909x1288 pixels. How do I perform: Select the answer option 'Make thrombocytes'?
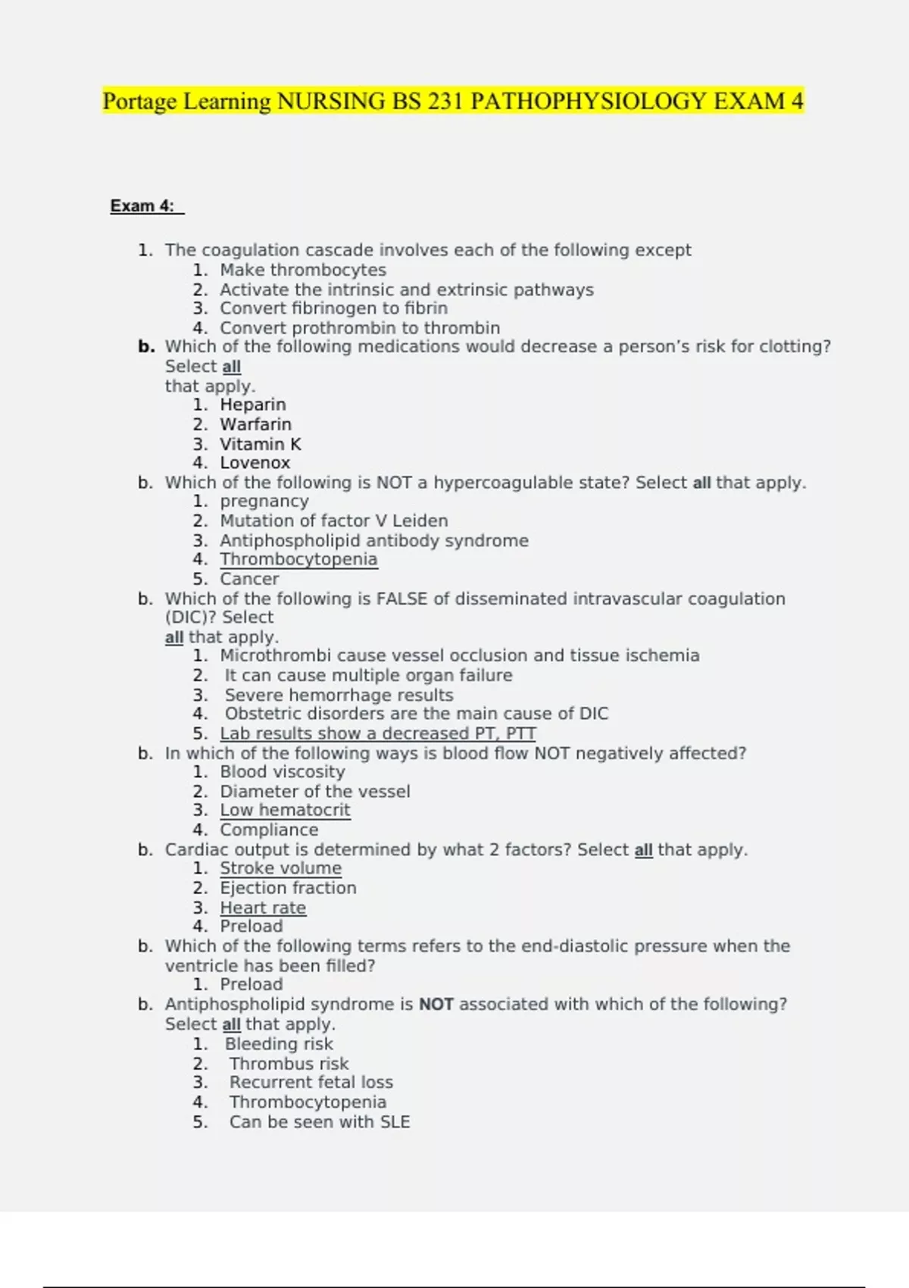coord(303,270)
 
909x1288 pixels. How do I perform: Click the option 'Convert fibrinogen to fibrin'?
coord(333,308)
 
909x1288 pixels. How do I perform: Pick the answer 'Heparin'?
coord(253,405)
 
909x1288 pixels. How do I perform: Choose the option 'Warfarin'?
coord(255,424)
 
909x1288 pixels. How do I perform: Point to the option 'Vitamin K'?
coord(261,444)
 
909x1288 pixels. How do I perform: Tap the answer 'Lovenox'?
coord(255,463)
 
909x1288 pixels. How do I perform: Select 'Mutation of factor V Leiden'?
coord(334,521)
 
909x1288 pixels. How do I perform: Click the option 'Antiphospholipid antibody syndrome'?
coord(374,541)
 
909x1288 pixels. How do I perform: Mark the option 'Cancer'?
coord(249,580)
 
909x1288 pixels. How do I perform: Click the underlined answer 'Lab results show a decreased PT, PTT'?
coord(378,733)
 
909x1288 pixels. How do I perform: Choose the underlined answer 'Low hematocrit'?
coord(285,810)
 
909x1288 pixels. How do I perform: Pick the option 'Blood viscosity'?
coord(283,772)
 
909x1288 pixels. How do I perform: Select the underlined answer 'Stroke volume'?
coord(280,868)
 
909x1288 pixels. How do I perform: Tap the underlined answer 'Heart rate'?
coord(263,908)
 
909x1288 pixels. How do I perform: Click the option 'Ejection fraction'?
coord(288,888)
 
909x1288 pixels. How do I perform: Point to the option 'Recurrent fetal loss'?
coord(311,1083)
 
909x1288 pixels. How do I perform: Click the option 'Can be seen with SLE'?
coord(320,1122)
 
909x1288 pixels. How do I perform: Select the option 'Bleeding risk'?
coord(279,1044)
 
